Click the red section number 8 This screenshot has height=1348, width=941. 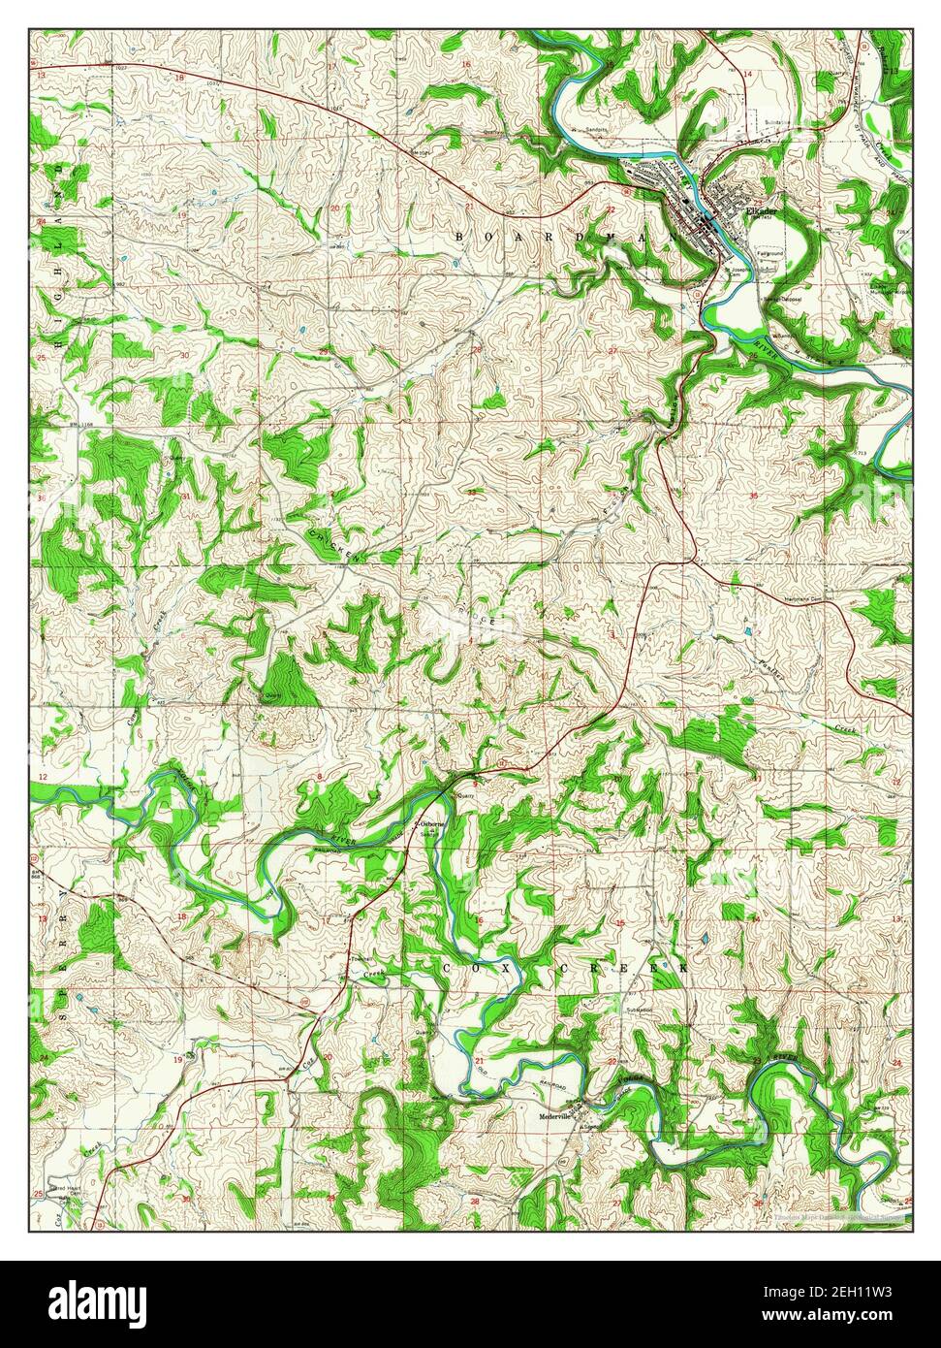coord(320,778)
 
